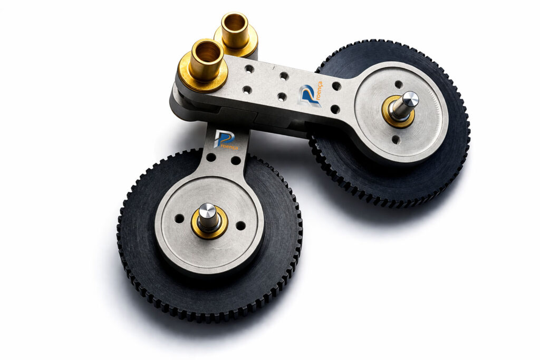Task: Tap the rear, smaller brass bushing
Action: pos(236,34)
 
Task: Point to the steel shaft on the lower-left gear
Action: pos(208,217)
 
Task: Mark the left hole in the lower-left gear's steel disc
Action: pos(179,218)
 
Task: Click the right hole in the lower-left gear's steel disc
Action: pos(240,226)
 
